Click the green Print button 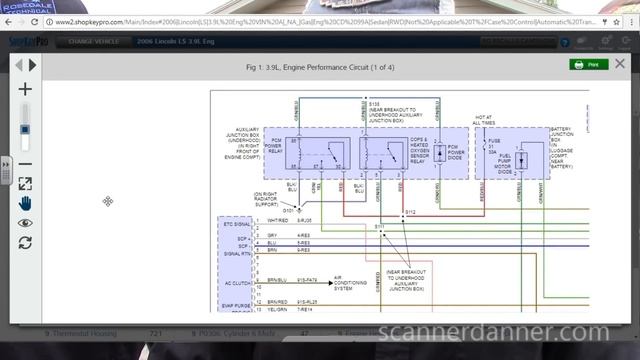coord(589,64)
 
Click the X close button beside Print coord(621,63)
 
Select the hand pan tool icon coord(26,203)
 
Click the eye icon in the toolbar coord(26,223)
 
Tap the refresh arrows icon coord(26,242)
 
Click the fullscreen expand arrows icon coord(26,184)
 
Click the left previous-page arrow coord(18,65)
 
